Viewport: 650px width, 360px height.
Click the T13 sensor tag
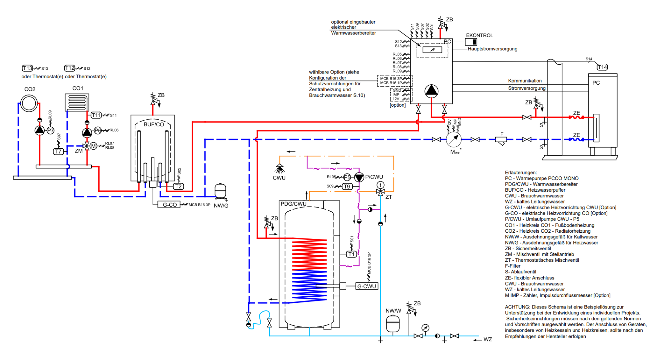click(x=27, y=68)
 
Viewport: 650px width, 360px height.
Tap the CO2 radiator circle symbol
click(x=29, y=103)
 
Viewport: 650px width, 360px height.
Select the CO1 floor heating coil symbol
click(x=77, y=103)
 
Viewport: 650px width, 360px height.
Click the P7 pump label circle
click(x=50, y=130)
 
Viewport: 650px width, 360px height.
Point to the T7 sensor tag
click(x=59, y=151)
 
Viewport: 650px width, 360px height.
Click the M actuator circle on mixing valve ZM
click(x=93, y=146)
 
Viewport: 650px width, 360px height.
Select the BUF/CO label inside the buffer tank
click(x=154, y=125)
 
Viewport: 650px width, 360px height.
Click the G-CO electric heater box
click(x=169, y=205)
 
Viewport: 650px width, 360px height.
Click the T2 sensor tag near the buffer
click(x=178, y=186)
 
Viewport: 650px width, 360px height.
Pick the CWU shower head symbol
click(x=279, y=168)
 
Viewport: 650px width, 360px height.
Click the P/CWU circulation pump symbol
click(x=359, y=177)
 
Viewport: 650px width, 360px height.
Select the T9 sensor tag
click(x=347, y=187)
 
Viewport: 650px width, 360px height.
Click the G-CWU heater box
click(x=367, y=286)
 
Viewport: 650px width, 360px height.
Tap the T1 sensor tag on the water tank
click(x=351, y=254)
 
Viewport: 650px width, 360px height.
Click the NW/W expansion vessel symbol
click(x=393, y=324)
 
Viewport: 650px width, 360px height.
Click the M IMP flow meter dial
click(x=453, y=139)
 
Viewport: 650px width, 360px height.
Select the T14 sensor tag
click(x=602, y=67)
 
